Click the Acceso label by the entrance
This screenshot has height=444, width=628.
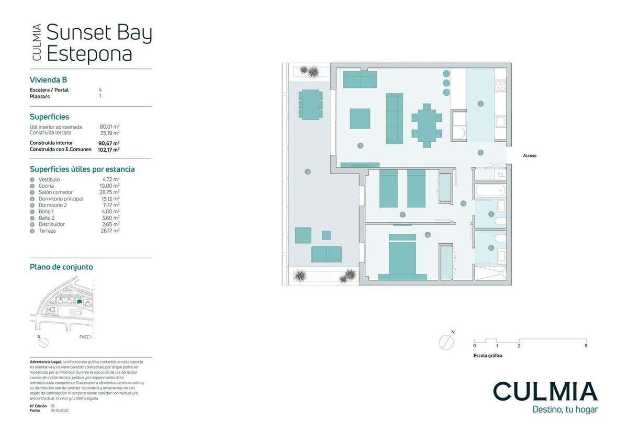(x=530, y=155)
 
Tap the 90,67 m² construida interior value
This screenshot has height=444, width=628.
(x=108, y=143)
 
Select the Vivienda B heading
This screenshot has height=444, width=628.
(x=48, y=80)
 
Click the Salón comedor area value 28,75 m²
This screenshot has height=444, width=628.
(x=109, y=192)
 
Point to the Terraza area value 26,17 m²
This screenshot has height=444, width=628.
(x=109, y=231)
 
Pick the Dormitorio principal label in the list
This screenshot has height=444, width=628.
(x=60, y=199)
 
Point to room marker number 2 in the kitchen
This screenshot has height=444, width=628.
(x=480, y=104)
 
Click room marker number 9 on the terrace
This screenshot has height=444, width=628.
(x=308, y=171)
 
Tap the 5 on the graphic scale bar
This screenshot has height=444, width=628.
(x=586, y=346)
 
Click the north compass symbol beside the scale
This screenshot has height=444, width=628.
(x=447, y=342)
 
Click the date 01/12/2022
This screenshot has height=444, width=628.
(x=60, y=411)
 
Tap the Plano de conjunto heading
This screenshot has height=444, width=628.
(x=61, y=267)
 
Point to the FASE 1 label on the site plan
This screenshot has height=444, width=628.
(x=85, y=337)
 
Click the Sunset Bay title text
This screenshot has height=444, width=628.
(x=99, y=33)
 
